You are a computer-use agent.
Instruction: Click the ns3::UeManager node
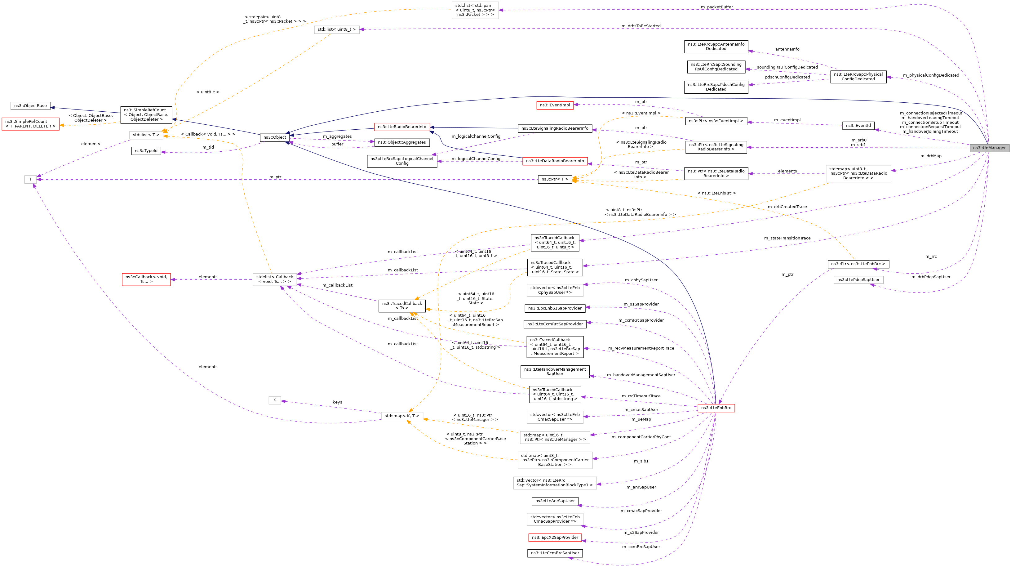tap(989, 148)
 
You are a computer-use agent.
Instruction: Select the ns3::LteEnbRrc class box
tap(716, 408)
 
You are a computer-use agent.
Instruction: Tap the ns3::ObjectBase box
tap(30, 106)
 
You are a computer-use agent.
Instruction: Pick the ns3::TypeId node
tap(146, 151)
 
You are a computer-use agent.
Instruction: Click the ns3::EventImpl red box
tap(555, 105)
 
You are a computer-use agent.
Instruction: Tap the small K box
tap(274, 400)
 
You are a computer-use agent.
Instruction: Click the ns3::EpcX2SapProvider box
tap(555, 538)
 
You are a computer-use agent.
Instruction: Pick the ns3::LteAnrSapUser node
tap(555, 501)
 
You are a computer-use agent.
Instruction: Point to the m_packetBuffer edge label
tap(717, 7)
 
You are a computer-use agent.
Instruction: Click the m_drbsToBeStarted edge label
tap(641, 26)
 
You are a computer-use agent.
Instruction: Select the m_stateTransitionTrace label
tap(787, 238)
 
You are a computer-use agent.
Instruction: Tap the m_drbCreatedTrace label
tap(787, 207)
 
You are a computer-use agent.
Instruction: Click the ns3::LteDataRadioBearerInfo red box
tap(555, 161)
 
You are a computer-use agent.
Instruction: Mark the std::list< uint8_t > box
tap(336, 29)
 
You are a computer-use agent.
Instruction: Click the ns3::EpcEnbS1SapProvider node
tap(555, 309)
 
